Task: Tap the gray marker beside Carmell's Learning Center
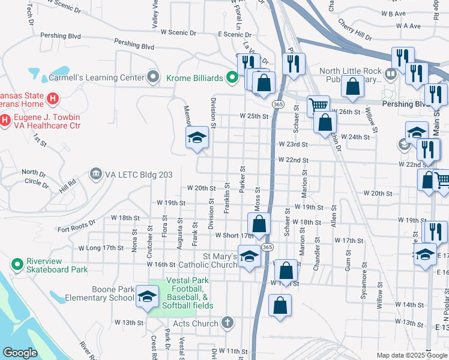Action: pyautogui.click(x=154, y=77)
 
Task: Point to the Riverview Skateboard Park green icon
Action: pyautogui.click(x=16, y=264)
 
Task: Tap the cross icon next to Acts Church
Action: pyautogui.click(x=226, y=323)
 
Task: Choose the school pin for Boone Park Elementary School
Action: pyautogui.click(x=147, y=296)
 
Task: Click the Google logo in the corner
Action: pyautogui.click(x=20, y=353)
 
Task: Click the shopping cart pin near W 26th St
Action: pyautogui.click(x=318, y=106)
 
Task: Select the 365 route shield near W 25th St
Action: pyautogui.click(x=277, y=104)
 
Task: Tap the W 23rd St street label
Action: pyautogui.click(x=293, y=145)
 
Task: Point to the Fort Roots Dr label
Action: pyautogui.click(x=76, y=226)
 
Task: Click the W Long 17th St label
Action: pyautogui.click(x=105, y=247)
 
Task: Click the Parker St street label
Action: pyautogui.click(x=243, y=180)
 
